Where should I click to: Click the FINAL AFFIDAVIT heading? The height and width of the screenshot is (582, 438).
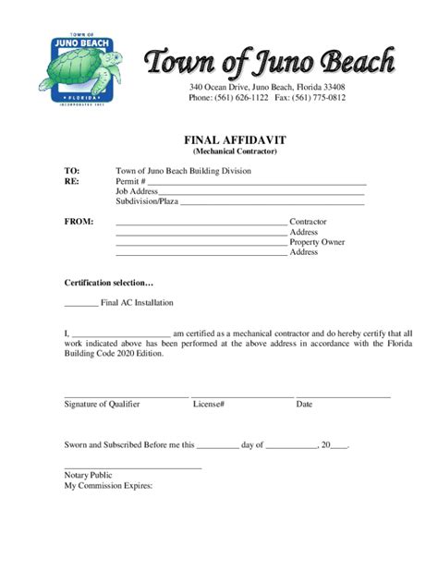235,139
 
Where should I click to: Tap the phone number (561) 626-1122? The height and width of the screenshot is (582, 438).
244,97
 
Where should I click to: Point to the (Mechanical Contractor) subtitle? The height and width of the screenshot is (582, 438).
235,151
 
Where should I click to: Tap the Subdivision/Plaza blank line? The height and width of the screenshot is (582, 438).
273,203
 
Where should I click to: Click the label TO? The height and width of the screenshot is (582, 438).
72,172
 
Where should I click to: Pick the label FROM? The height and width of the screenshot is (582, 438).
79,222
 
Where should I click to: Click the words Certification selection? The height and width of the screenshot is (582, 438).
108,283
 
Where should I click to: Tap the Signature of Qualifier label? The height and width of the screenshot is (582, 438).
102,405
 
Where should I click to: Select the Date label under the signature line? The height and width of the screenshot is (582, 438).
304,405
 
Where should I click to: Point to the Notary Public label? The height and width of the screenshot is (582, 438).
88,475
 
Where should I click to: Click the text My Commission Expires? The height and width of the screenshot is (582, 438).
108,485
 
